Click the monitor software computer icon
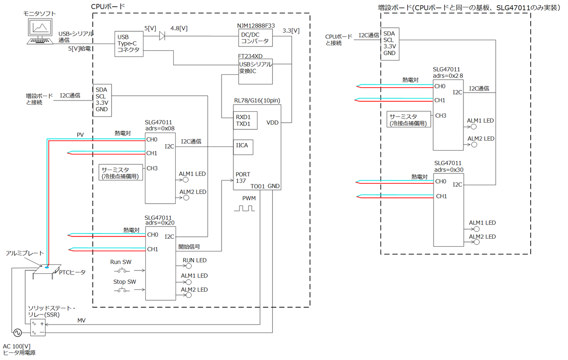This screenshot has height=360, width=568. click(40, 31)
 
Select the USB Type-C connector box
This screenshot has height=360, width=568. click(129, 44)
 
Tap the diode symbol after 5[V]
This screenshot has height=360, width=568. click(162, 36)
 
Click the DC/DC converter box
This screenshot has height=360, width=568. click(255, 38)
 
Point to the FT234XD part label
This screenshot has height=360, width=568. click(250, 56)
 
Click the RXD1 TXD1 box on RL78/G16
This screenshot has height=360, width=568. click(245, 120)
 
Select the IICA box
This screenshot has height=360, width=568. click(243, 147)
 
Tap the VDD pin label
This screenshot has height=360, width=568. click(272, 123)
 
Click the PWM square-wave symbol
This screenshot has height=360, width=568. click(244, 208)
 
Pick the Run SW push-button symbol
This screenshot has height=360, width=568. click(122, 270)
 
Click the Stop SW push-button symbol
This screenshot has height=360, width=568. click(122, 290)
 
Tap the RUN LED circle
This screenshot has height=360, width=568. click(189, 266)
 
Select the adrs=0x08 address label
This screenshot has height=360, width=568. click(160, 128)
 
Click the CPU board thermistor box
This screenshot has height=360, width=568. click(121, 172)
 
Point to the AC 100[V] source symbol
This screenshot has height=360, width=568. click(18, 333)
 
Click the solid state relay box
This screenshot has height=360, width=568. click(38, 328)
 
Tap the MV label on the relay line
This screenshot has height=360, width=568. click(81, 320)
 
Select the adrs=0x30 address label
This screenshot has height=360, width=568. click(449, 170)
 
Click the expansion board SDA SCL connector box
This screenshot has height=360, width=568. click(390, 44)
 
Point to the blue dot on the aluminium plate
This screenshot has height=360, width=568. click(47, 268)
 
